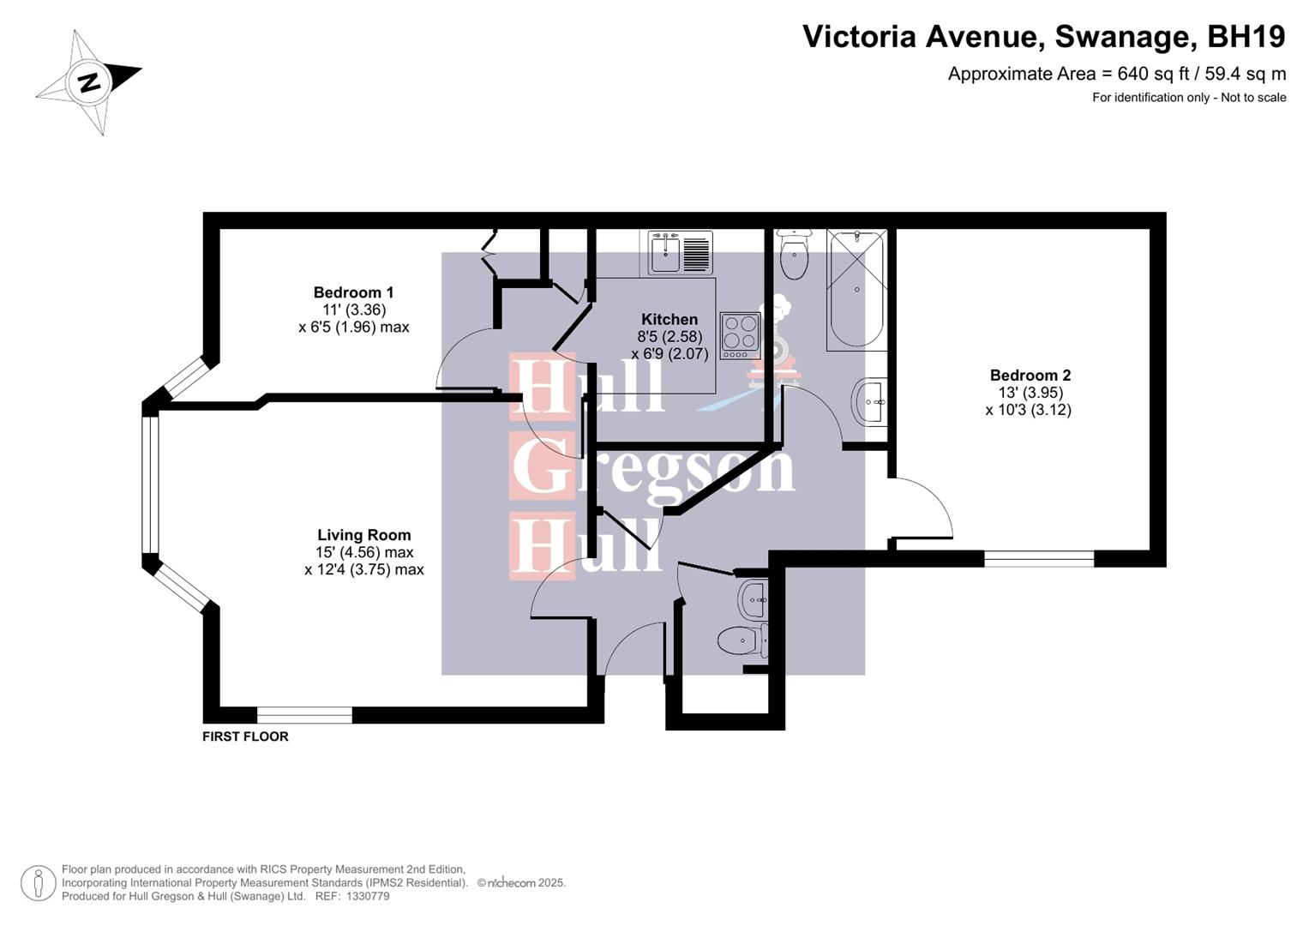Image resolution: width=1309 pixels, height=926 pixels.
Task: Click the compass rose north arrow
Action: click(89, 82)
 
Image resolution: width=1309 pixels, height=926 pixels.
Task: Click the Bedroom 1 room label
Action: click(353, 293)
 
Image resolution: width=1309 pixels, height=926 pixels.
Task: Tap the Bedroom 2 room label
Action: click(1030, 376)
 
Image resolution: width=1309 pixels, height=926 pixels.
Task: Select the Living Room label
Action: click(363, 535)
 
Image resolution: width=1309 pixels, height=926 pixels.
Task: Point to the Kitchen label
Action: click(670, 320)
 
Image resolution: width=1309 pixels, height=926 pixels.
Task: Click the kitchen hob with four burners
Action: click(740, 335)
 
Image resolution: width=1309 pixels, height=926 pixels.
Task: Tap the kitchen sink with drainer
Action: click(681, 252)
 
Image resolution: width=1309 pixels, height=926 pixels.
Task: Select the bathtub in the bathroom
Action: click(856, 289)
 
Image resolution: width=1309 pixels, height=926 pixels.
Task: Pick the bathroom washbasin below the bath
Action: click(869, 401)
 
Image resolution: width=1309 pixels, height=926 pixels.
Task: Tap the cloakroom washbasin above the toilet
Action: click(753, 599)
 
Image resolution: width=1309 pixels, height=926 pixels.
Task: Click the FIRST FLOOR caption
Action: click(245, 737)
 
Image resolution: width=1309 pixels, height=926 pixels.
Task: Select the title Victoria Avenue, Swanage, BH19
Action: click(1043, 37)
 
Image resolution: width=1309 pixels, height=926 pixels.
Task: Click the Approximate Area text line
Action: click(1116, 74)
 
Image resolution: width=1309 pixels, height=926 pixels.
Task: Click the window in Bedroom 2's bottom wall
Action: click(1039, 559)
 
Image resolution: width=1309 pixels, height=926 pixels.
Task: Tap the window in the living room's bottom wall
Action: click(304, 715)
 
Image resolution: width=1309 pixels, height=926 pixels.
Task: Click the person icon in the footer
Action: click(39, 883)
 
